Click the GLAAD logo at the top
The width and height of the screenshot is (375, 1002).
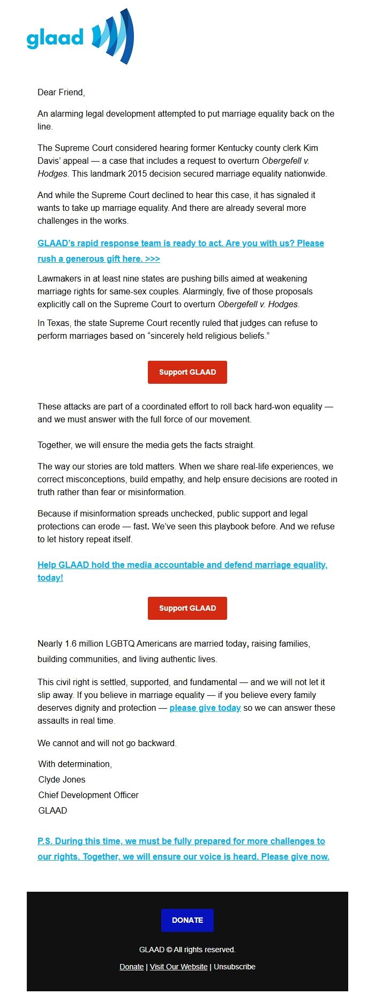[80, 37]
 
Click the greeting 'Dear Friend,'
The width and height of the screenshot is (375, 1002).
[61, 93]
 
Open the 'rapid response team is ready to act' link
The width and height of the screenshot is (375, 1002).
[181, 244]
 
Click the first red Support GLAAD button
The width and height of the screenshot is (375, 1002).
[187, 372]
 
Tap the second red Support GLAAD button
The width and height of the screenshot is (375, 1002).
[187, 608]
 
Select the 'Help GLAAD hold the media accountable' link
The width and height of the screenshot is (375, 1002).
[182, 565]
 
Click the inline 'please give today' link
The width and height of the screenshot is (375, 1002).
[205, 708]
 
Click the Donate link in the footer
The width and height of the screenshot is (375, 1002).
[131, 967]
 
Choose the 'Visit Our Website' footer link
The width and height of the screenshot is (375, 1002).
[178, 967]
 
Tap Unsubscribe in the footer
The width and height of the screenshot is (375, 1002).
[235, 967]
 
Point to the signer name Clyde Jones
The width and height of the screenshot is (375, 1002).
[62, 780]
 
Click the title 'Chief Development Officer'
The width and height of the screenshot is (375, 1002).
[88, 795]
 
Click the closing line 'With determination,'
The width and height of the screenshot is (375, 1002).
[75, 764]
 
